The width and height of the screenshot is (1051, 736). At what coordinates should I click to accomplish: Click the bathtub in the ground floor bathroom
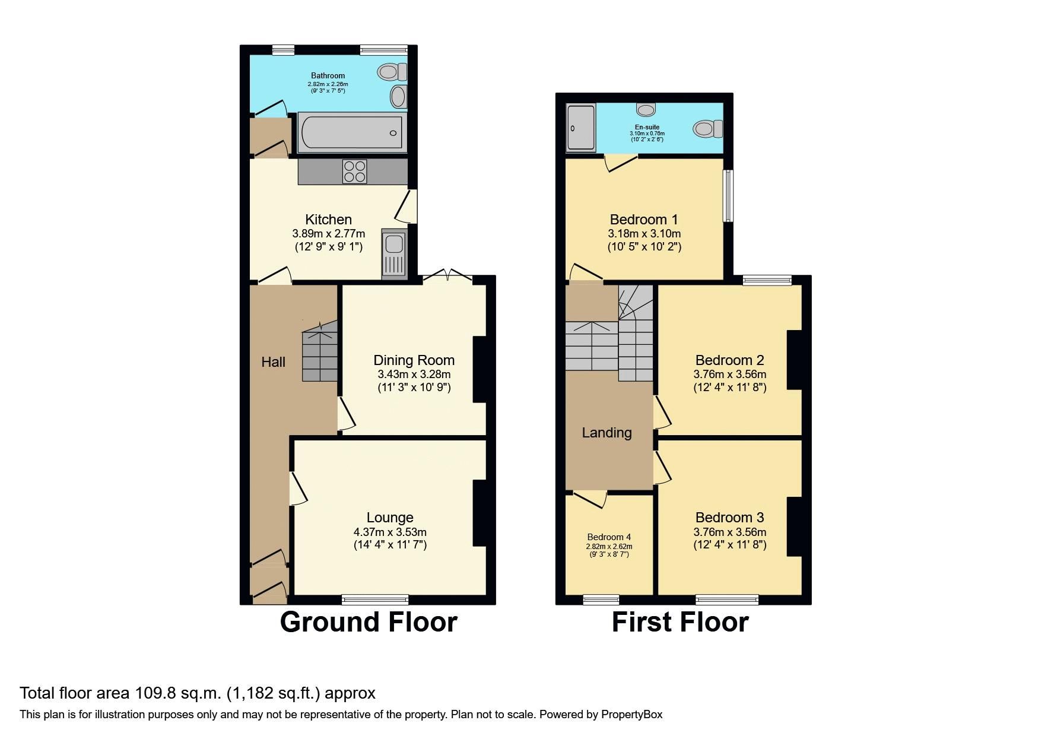[353, 132]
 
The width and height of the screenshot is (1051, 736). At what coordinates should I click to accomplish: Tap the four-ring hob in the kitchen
[354, 172]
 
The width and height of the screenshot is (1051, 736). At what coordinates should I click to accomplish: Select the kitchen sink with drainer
[393, 253]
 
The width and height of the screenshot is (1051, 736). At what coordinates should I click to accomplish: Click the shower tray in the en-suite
[580, 126]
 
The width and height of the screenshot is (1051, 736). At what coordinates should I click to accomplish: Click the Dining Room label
[414, 360]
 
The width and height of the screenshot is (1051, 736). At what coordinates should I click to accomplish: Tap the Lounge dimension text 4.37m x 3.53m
[390, 532]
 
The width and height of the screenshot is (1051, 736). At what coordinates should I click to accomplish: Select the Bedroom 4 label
[609, 537]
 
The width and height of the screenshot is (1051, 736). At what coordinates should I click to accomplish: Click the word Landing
[607, 433]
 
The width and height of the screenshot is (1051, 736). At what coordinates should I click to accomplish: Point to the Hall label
[273, 362]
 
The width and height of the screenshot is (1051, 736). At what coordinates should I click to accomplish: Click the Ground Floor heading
[369, 622]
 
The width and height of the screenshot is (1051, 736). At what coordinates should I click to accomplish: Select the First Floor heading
[680, 622]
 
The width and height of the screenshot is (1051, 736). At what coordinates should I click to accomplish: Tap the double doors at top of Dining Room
[448, 275]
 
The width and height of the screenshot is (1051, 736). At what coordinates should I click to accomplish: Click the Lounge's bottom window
[374, 599]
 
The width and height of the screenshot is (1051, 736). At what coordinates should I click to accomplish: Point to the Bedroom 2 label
[729, 360]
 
